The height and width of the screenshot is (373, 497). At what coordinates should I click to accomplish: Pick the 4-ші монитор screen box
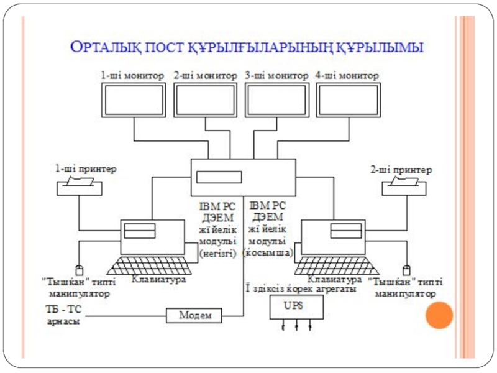(x=348, y=99)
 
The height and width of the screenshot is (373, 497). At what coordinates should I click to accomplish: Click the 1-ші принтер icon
(x=79, y=185)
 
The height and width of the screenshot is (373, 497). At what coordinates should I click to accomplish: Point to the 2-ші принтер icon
(x=404, y=185)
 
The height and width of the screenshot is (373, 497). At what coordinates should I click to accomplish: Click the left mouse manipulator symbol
(x=79, y=270)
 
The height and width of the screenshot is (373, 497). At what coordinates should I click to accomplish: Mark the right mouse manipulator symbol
(x=406, y=270)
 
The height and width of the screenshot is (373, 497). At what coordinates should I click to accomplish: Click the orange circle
(x=439, y=315)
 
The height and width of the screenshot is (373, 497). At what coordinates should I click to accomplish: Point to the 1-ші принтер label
(x=86, y=168)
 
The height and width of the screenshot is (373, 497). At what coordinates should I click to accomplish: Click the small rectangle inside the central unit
(x=219, y=177)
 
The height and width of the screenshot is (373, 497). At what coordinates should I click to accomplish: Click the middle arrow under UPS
(x=296, y=325)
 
